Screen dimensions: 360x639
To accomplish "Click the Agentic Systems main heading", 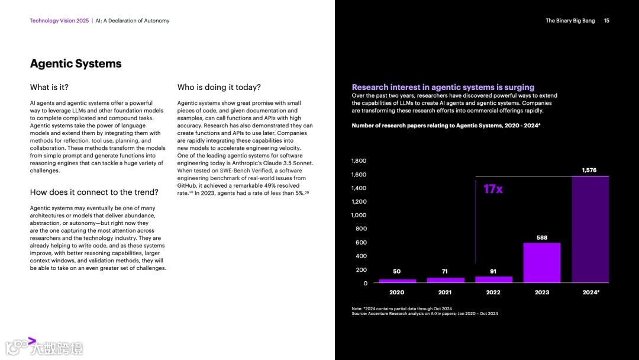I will coord(76,64).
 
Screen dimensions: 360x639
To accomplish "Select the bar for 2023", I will coord(541,263).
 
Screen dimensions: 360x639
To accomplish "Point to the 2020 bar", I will coord(397,281).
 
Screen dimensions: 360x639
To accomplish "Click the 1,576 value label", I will coord(589,171).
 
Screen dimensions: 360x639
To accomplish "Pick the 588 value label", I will coord(541,238).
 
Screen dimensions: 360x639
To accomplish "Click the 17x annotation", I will coord(493,189).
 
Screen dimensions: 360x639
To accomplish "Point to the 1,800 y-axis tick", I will coord(359,161).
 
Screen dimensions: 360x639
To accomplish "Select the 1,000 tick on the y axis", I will coord(359,216).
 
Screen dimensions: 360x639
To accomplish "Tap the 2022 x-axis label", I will coord(493,292).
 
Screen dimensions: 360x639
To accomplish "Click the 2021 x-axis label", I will coord(445,292).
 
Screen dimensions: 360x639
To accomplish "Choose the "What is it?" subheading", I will coord(49,88).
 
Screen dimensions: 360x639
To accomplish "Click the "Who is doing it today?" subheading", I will coord(219,88).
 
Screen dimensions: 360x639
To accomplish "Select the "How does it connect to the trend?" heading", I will coord(94,192).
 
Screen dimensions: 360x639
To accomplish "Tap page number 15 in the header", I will coord(606,21).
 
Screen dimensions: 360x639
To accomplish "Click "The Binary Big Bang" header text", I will coord(570,21).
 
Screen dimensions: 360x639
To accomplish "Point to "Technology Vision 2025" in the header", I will coord(59,21).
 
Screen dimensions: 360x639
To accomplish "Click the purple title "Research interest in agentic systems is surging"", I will coord(443,88).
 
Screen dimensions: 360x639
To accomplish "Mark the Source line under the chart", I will coord(424,314).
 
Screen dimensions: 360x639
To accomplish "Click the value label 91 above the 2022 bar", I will coord(493,272).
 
